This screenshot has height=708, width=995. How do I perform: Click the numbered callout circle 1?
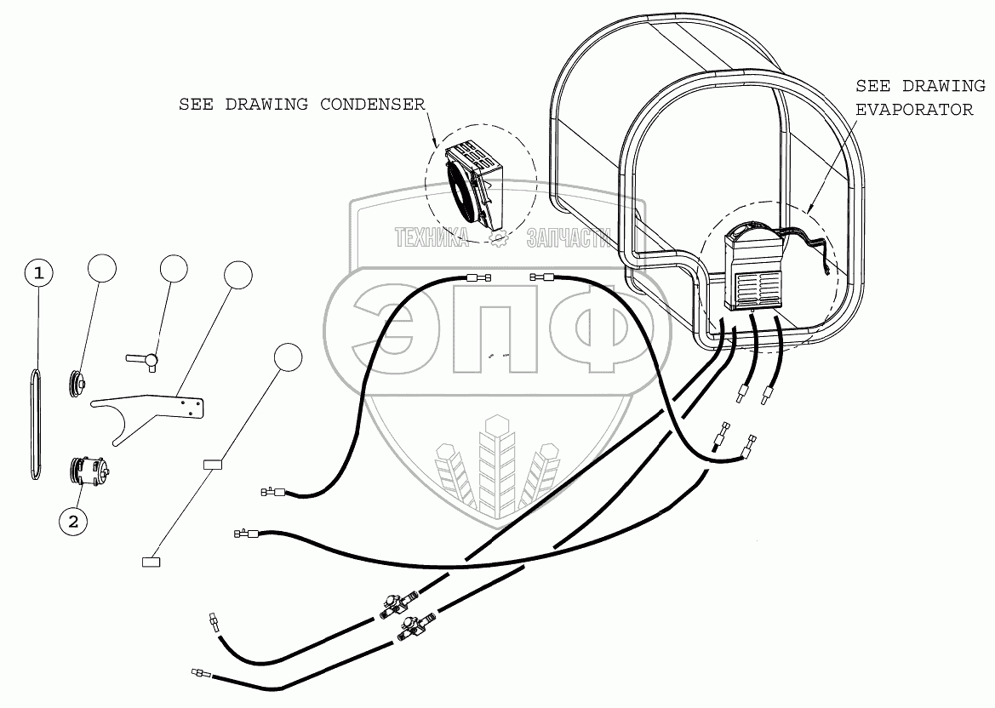38,273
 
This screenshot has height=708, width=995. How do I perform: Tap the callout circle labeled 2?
73,522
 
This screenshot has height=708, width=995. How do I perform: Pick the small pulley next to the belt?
77,383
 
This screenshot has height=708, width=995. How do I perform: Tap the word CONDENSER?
372,105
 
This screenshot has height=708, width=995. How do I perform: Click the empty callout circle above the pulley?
101,267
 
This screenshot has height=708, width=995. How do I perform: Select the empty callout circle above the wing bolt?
174,267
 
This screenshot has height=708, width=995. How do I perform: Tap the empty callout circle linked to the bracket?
238,275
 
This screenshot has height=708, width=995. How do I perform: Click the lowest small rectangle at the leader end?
151,561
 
